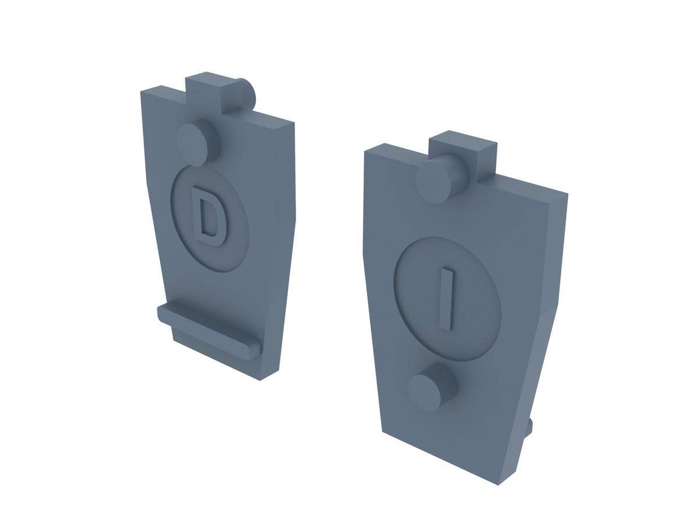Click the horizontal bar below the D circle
click(x=206, y=329)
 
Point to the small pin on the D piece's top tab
click(x=248, y=95)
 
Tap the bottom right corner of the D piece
click(x=260, y=379)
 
